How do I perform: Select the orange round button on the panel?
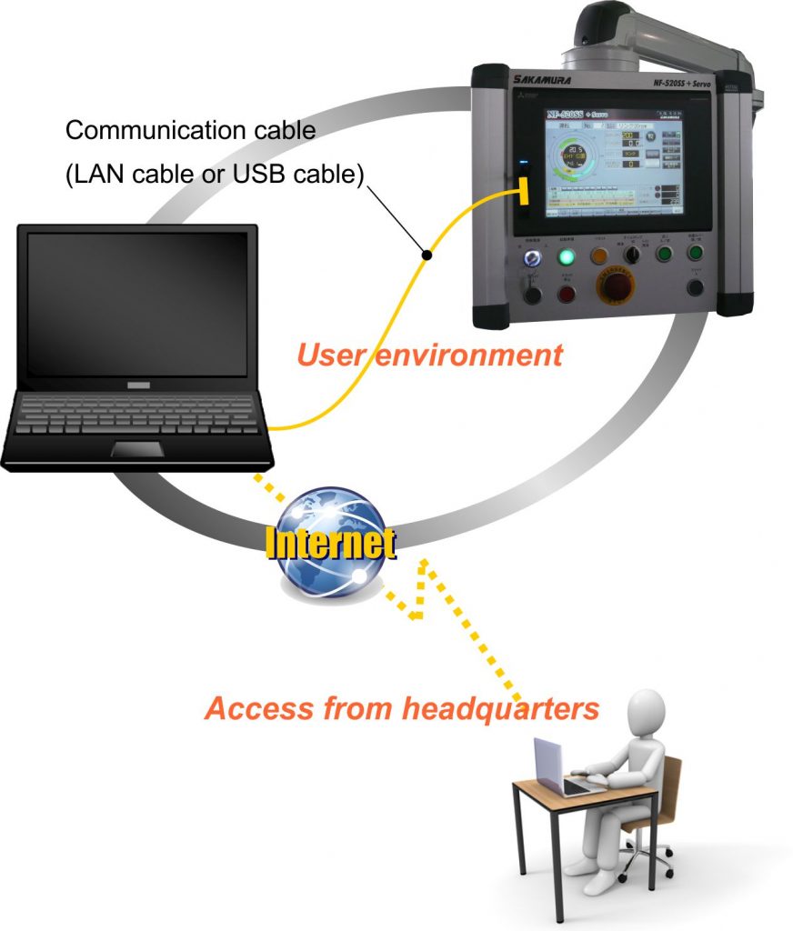coord(600,255)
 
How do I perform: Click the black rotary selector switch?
coord(632,255)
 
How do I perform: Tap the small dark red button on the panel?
coord(567,293)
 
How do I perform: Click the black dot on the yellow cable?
coord(425,255)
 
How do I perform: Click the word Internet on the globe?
coord(329,543)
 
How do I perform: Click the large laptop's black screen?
coord(137,303)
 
